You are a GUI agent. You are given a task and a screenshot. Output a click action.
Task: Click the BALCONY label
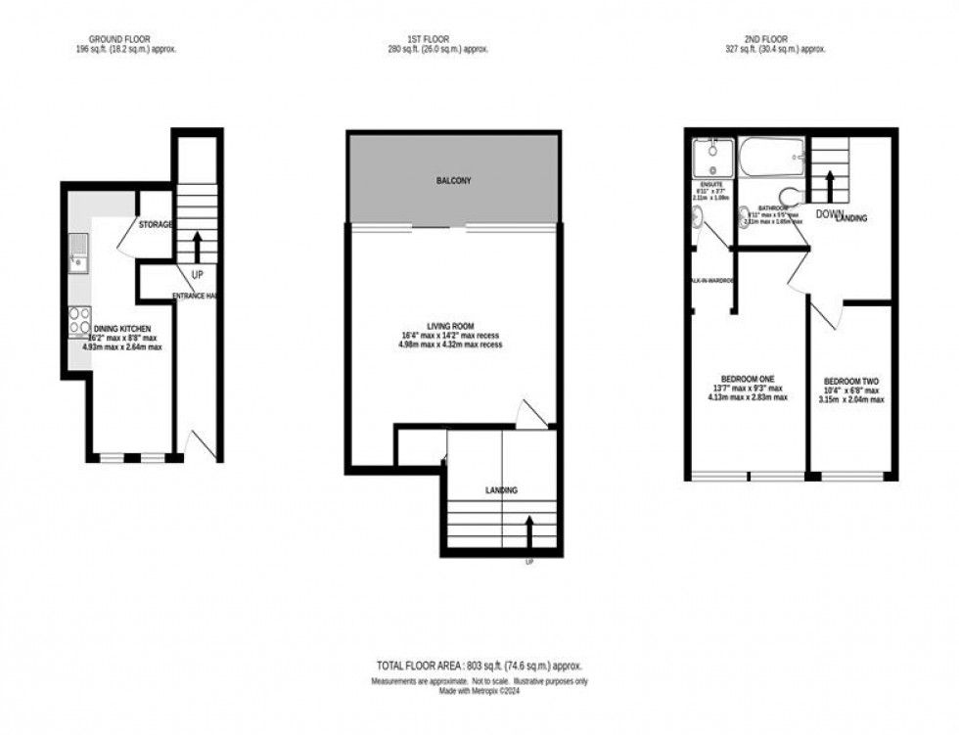pos(453,181)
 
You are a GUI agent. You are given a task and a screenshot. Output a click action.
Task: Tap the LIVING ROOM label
pos(451,327)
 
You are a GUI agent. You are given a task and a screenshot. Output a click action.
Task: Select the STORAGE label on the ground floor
pos(156,224)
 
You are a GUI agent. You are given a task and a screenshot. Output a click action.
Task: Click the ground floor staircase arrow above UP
pos(197,243)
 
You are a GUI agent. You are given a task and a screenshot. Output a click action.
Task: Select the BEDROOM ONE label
pos(748,381)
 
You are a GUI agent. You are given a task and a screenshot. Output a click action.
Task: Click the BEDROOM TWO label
pos(851,382)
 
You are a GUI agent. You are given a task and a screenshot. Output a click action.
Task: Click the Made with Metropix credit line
pos(479,691)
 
